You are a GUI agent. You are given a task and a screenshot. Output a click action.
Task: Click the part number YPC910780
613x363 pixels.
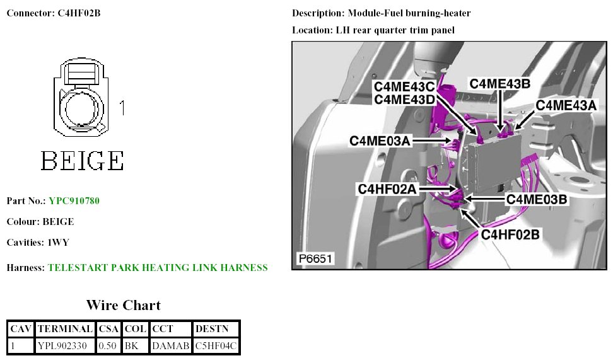[x=74, y=201]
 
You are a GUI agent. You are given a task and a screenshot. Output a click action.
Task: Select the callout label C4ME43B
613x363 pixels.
[x=499, y=83]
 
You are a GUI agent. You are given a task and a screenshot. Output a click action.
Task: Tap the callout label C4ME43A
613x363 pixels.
[x=566, y=106]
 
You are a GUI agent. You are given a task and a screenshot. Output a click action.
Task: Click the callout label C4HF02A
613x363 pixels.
[x=388, y=188]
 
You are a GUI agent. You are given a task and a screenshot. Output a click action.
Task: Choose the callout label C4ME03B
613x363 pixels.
[x=538, y=199]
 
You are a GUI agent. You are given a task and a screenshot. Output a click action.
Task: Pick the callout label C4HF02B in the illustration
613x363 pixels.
[x=510, y=234]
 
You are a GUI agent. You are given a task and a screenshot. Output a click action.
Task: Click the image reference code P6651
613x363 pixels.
[x=315, y=259]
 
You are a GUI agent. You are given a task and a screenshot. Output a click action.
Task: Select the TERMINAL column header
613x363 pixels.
[x=65, y=328]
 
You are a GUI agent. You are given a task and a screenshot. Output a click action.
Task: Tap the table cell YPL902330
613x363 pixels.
[x=65, y=345]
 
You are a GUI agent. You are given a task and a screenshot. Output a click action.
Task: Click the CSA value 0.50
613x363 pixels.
[x=108, y=345]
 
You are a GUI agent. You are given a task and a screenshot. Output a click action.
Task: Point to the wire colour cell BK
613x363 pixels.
[x=131, y=345]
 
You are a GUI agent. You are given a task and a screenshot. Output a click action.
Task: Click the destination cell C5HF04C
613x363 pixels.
[x=216, y=345]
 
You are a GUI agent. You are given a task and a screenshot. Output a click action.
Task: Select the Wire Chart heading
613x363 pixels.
[x=123, y=306]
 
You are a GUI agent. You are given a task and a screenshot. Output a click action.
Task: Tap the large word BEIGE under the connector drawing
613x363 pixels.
[x=82, y=161]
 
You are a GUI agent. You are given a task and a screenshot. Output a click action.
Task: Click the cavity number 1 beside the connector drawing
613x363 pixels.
[x=122, y=108]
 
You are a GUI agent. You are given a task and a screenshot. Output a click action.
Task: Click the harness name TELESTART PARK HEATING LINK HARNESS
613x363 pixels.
[x=158, y=268]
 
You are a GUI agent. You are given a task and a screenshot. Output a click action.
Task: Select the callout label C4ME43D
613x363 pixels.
[x=404, y=99]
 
